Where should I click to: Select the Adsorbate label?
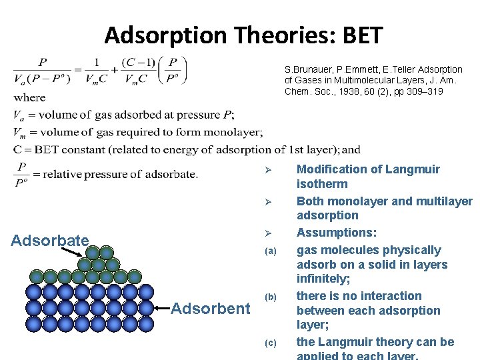[50, 239]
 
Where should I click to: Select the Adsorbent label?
[210, 308]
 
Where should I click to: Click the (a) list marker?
[270, 251]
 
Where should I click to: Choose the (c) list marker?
[270, 343]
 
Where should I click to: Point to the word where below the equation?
[29, 97]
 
